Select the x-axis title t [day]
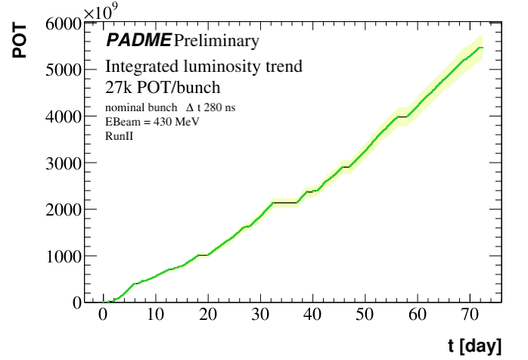tap(474, 346)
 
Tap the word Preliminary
tap(216, 39)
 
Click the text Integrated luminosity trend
tap(204, 66)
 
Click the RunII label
tap(120, 136)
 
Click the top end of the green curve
tap(481, 48)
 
